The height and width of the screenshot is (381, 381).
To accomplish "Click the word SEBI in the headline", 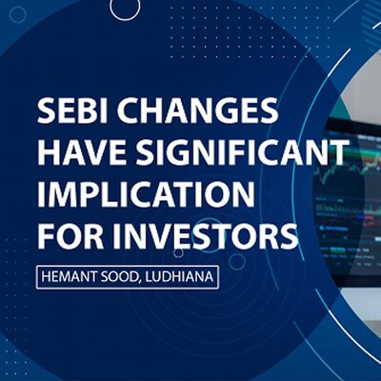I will tap(70, 112).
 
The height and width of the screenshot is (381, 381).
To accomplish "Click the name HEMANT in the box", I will tap(72, 276).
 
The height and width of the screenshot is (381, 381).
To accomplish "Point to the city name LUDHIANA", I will tap(188, 276).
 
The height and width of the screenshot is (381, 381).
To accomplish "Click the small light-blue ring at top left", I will tap(16, 15).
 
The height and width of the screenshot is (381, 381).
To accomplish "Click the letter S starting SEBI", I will tap(47, 112).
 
